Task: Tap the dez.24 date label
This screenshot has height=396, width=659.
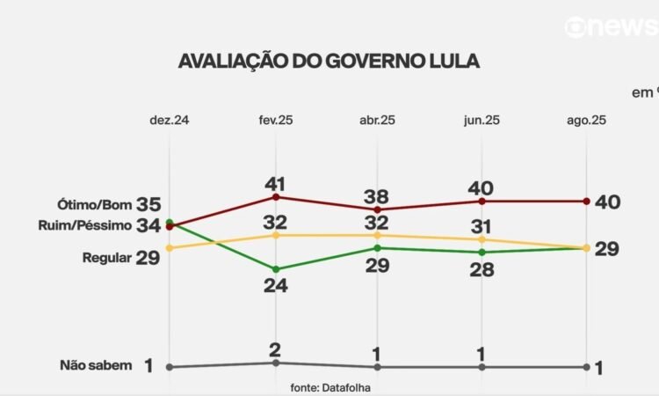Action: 169,120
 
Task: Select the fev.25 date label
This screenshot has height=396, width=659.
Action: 274,120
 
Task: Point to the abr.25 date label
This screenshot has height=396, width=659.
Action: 378,120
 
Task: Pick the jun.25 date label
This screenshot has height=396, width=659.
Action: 482,120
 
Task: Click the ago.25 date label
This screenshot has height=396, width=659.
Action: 586,120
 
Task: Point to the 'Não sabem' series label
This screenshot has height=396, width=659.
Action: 96,365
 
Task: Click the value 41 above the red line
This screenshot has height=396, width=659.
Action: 276,183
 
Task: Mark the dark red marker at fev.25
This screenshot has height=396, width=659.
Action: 276,196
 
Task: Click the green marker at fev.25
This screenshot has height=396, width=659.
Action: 276,269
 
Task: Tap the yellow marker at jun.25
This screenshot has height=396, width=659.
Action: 482,239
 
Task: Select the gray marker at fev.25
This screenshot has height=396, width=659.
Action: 276,363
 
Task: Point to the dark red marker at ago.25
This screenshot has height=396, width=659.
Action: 586,202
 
